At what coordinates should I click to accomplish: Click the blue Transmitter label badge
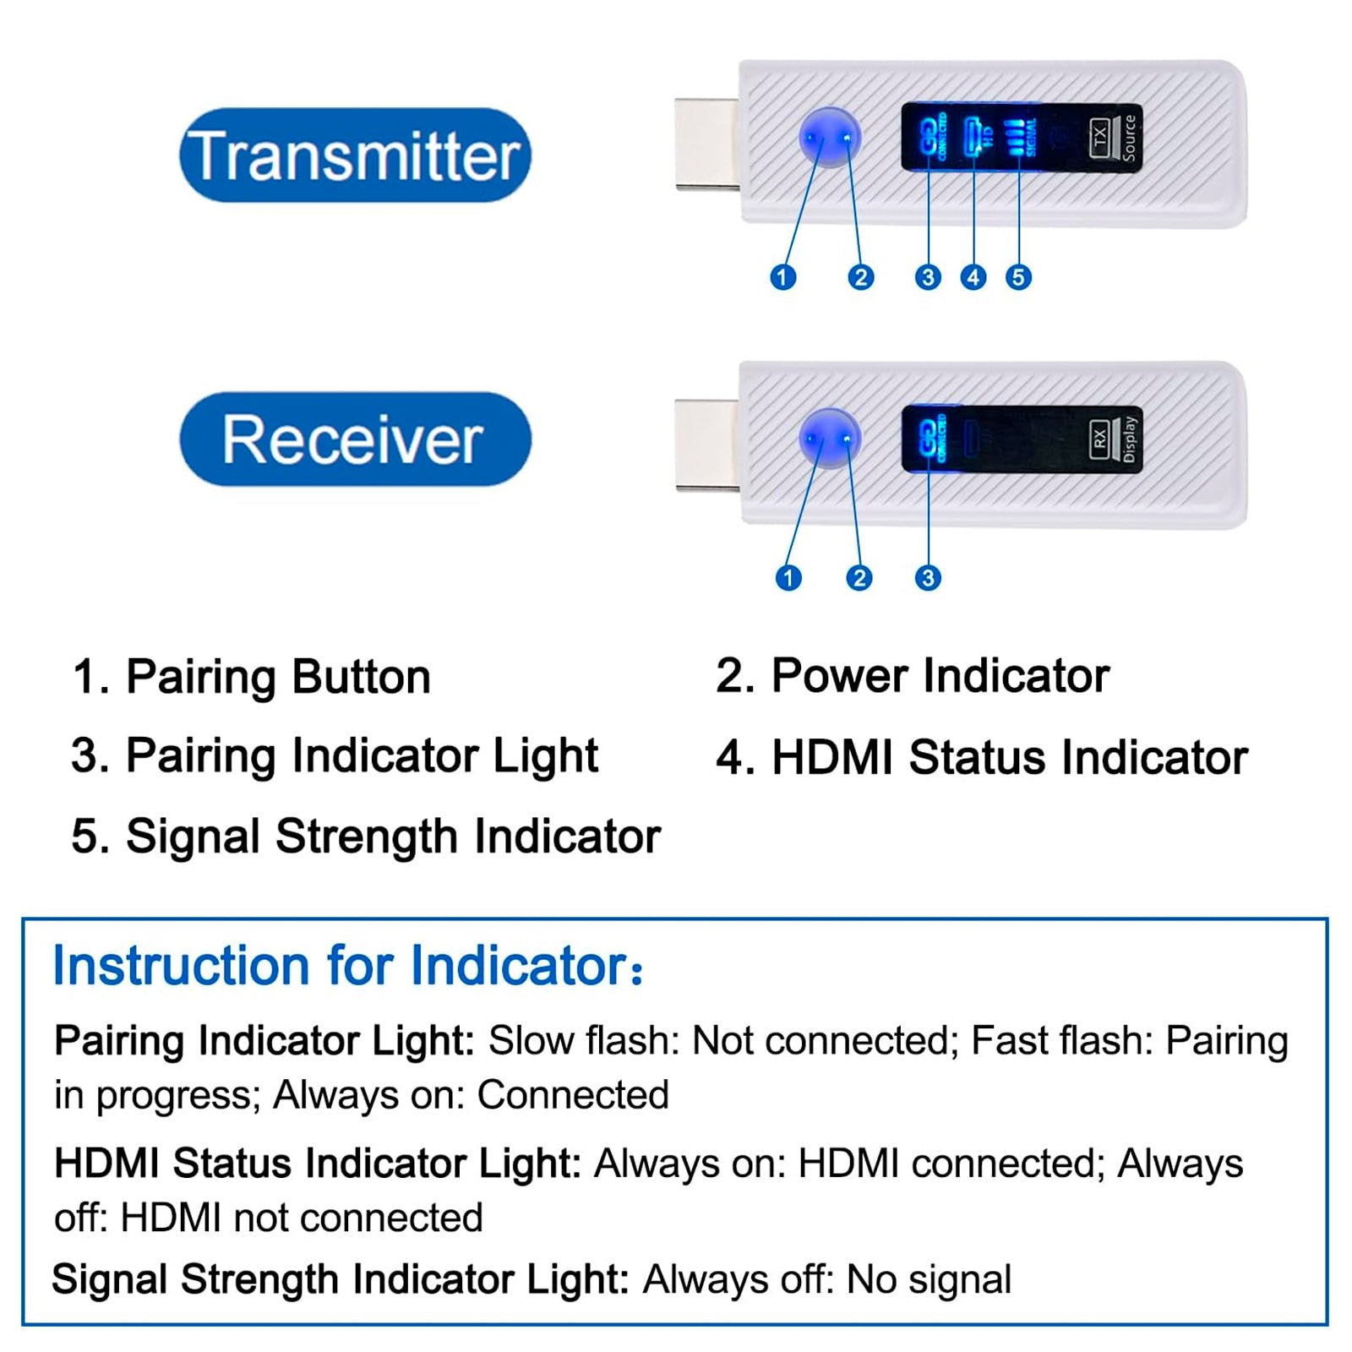tap(355, 155)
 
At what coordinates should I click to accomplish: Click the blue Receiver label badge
tap(355, 439)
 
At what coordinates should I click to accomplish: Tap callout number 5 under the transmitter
tap(1018, 277)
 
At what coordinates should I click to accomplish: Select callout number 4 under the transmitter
tap(973, 277)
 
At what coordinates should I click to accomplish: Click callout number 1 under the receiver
tap(788, 578)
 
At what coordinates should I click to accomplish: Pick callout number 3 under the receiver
tap(928, 578)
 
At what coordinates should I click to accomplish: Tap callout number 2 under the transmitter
tap(861, 277)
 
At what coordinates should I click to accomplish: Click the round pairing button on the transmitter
tap(829, 137)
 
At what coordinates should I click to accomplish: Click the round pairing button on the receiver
tap(829, 439)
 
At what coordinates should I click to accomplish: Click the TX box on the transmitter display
tap(1099, 137)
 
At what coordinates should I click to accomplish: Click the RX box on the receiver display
tap(1099, 439)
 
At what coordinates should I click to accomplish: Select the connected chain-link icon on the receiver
tap(928, 438)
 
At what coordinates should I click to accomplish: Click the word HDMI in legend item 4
tap(831, 757)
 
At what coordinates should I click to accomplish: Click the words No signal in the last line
tap(928, 1279)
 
